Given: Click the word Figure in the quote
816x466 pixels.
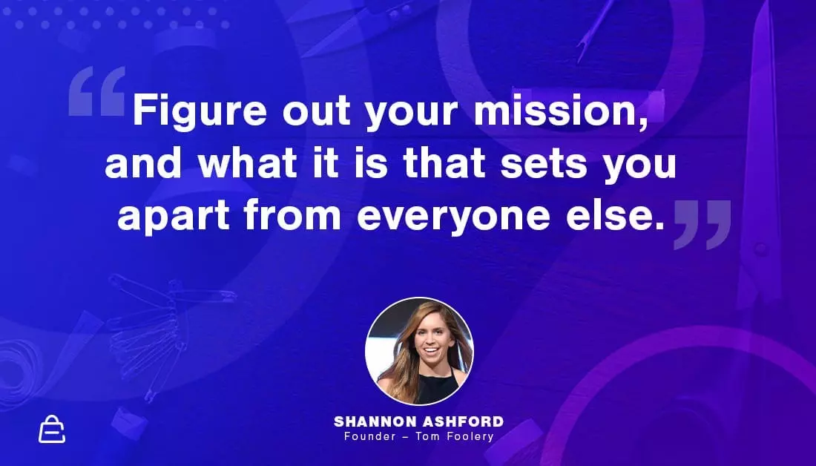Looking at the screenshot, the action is pyautogui.click(x=200, y=111).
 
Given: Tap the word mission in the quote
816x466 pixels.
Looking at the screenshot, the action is pyautogui.click(x=561, y=111).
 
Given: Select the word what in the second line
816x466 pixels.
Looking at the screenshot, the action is pyautogui.click(x=248, y=163).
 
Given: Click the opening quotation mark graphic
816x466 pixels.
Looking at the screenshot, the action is pyautogui.click(x=97, y=91).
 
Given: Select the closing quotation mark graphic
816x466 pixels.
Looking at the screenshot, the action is pyautogui.click(x=703, y=224).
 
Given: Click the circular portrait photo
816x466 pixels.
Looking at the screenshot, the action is pyautogui.click(x=419, y=352).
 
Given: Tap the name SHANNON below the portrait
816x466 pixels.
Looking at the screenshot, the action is pyautogui.click(x=375, y=421).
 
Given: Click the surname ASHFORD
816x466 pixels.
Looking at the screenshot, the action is pyautogui.click(x=463, y=421).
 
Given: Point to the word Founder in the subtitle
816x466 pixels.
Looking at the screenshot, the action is pyautogui.click(x=370, y=436).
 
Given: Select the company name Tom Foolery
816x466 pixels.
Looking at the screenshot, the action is pyautogui.click(x=454, y=437).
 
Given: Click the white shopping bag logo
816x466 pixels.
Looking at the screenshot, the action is pyautogui.click(x=52, y=430).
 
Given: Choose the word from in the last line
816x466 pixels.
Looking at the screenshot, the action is pyautogui.click(x=292, y=214).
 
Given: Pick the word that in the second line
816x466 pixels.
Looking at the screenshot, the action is pyautogui.click(x=444, y=163).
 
